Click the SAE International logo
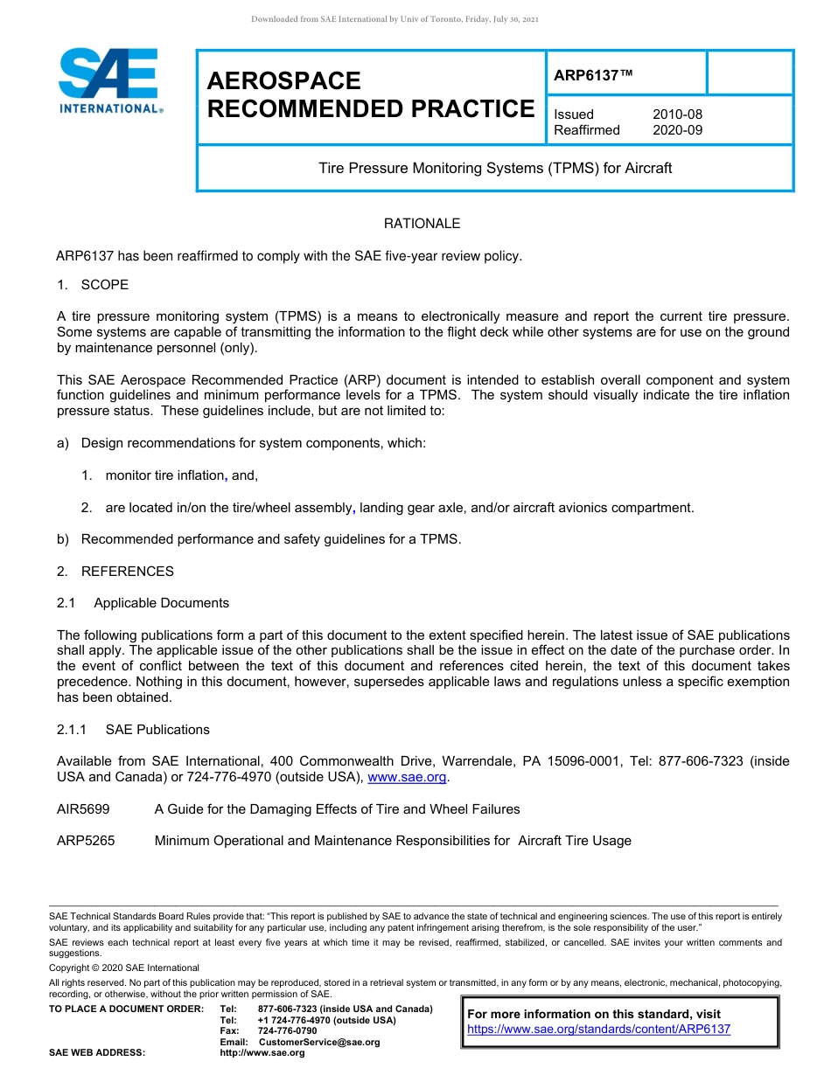(109, 80)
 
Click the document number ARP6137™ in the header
(592, 75)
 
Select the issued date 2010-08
(677, 114)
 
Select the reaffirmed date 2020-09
(677, 130)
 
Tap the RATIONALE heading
(422, 224)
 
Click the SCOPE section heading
(104, 285)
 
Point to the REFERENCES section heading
(127, 572)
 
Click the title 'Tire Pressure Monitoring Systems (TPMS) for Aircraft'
(495, 168)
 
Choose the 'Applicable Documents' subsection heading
(161, 603)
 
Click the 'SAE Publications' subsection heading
(157, 730)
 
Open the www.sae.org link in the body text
(407, 777)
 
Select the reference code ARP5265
(85, 841)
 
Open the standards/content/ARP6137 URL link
(598, 1030)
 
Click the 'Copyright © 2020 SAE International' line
(124, 967)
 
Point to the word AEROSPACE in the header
(283, 81)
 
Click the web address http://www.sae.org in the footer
(262, 1052)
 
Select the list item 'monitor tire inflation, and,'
(181, 475)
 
